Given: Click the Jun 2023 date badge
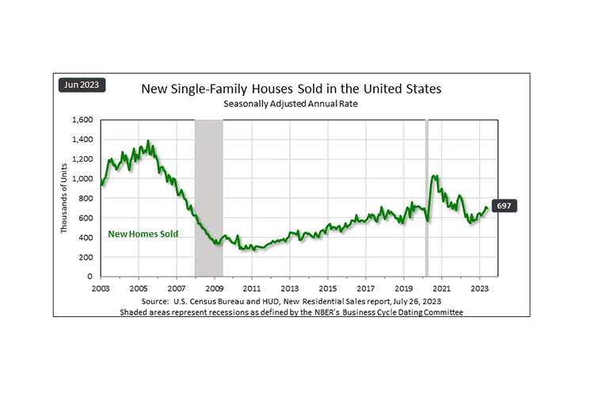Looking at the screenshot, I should click(x=82, y=86).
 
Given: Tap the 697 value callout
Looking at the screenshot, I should click(x=503, y=206).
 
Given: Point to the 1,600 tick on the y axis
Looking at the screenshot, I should click(x=82, y=120).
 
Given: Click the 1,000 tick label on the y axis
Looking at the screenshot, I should click(x=82, y=178).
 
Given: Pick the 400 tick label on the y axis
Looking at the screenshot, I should click(x=85, y=237).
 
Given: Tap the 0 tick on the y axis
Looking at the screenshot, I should click(x=91, y=277).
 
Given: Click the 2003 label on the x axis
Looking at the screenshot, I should click(x=101, y=288).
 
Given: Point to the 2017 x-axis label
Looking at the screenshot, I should click(x=366, y=288).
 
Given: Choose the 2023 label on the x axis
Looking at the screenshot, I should click(x=479, y=288).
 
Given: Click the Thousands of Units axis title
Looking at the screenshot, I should click(x=65, y=198).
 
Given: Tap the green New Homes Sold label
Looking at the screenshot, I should click(x=143, y=234).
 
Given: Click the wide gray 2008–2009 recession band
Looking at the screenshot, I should click(x=208, y=198).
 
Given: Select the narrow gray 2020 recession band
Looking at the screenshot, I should click(x=427, y=198).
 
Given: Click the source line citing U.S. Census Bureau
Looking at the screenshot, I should click(x=291, y=302).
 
